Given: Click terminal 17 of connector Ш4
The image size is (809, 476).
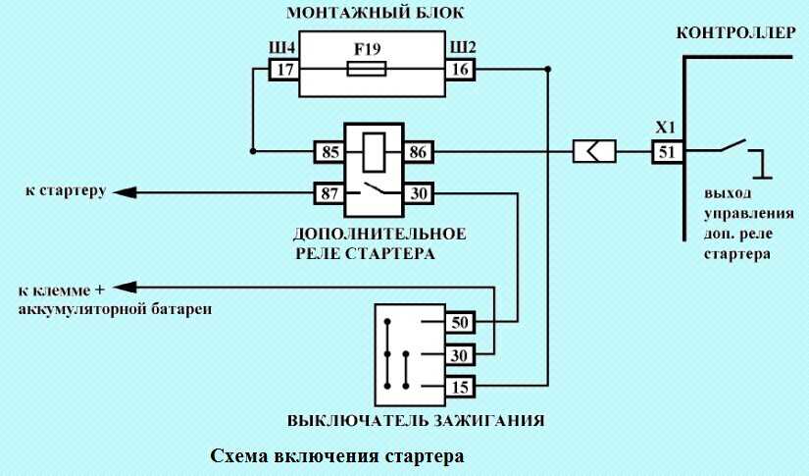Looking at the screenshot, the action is coord(284,69).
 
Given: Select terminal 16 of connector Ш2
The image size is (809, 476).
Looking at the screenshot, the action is coord(460,69).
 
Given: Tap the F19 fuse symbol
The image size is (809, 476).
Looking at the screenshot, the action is coord(367,69).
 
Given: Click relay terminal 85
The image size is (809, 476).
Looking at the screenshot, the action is coord(329,152).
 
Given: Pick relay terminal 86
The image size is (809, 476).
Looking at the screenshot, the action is coord(418,152).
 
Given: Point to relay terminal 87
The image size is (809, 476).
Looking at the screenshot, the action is coord(329,193).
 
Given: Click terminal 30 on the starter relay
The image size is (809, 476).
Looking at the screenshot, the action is coord(418,193).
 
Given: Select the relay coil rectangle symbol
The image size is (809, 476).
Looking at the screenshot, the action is coord(374,152).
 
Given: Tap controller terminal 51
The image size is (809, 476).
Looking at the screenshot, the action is coord(667,152).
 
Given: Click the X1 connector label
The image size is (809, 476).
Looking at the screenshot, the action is coord(666,128).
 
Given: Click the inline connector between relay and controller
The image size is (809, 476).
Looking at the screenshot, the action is coord(594,152).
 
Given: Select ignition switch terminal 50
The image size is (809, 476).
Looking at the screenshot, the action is coord(460,323).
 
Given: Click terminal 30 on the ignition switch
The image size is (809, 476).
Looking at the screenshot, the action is coord(460,355).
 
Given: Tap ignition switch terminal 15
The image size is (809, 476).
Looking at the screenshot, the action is coord(460,387).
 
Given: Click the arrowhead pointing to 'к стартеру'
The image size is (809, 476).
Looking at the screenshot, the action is coord(125,193).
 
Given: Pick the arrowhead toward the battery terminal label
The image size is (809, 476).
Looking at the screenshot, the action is coord(125,287).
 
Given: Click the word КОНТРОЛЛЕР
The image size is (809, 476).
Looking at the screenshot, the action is coord(735,33).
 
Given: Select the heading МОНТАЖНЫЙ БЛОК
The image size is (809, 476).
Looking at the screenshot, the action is coord(376,13).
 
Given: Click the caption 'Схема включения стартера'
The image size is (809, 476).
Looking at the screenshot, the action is coord(337,456).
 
